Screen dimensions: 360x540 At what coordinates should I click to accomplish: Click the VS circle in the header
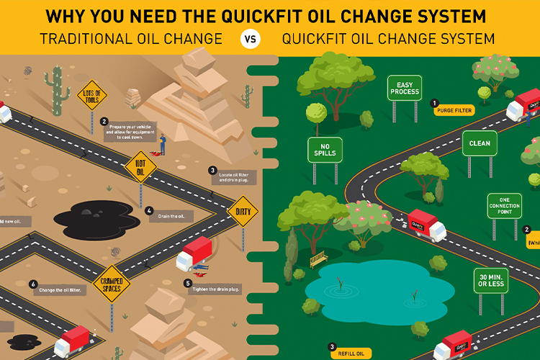click(250, 39)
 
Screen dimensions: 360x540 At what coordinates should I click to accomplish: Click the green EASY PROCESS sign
click(404, 89)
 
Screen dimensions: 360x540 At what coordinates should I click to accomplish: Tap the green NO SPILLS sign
click(325, 149)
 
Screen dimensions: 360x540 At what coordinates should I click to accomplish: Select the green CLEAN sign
click(480, 143)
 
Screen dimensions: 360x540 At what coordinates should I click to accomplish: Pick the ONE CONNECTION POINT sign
click(504, 207)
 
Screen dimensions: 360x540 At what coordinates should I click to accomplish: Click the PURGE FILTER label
click(454, 111)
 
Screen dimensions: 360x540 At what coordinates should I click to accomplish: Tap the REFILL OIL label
click(351, 354)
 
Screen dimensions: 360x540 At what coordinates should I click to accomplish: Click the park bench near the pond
click(318, 258)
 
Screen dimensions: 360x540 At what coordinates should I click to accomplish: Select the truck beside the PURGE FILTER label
click(523, 109)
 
